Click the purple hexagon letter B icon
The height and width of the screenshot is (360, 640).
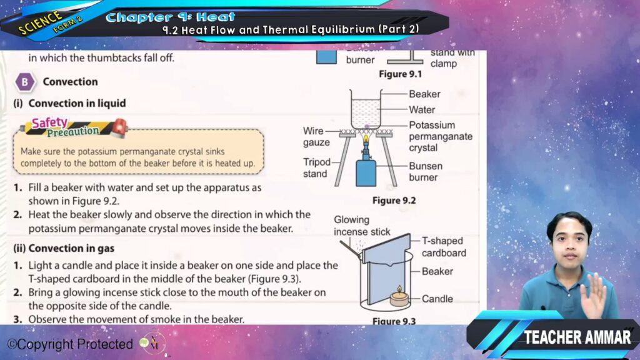(x=24, y=82)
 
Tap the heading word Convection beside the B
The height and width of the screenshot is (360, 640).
(x=70, y=82)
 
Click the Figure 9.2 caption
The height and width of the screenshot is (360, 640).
(x=394, y=201)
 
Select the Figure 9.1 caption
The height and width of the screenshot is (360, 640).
(x=400, y=74)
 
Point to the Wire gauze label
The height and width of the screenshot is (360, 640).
(x=316, y=136)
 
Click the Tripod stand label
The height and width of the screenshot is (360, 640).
(x=316, y=167)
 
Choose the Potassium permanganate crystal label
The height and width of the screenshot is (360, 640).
(x=441, y=136)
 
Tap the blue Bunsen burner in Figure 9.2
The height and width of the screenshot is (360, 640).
(x=366, y=171)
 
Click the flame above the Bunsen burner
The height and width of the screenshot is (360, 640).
(x=366, y=139)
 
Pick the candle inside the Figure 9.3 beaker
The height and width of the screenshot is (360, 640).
(x=399, y=297)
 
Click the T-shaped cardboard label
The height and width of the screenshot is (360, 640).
(x=444, y=247)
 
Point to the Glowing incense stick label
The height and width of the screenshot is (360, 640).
(x=362, y=226)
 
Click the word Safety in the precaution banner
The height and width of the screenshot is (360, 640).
(x=49, y=122)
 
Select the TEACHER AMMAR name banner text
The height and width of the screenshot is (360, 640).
(x=577, y=337)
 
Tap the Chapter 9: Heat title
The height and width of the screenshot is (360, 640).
(x=170, y=17)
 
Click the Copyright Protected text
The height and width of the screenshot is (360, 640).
(x=70, y=344)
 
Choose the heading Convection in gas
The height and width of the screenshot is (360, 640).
(x=64, y=248)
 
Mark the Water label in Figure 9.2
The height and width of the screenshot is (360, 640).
(x=422, y=110)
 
